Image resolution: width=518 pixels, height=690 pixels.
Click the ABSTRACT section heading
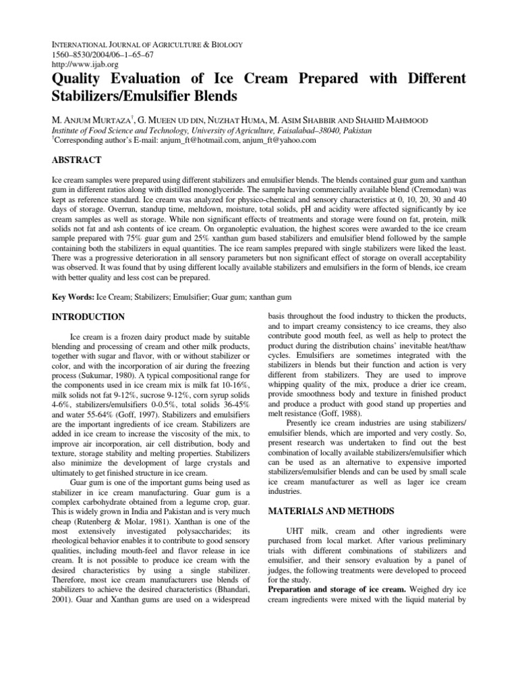[76, 160]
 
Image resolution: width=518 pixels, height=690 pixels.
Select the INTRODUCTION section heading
[88, 317]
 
